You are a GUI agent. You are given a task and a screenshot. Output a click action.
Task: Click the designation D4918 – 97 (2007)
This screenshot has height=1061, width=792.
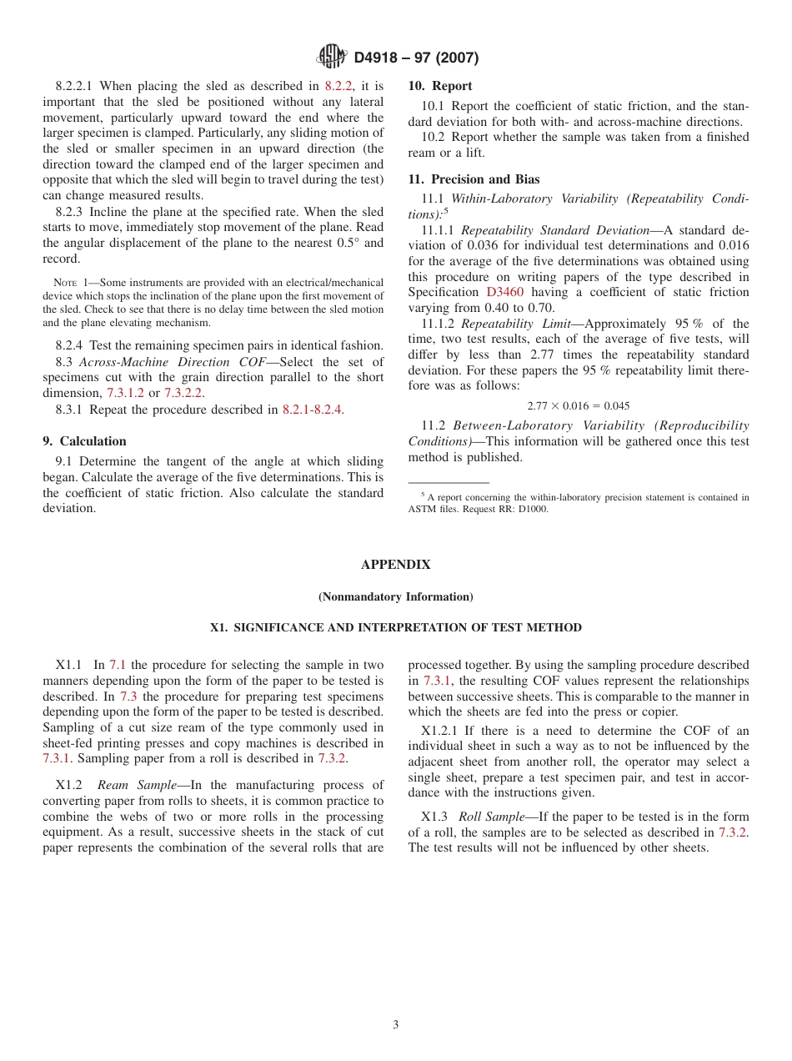[416, 58]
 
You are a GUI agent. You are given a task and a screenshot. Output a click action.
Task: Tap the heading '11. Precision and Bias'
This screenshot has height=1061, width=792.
[474, 179]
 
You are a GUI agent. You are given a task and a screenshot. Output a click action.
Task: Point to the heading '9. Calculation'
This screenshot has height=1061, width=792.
[85, 441]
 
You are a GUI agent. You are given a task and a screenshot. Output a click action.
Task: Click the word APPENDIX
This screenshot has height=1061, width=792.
[395, 565]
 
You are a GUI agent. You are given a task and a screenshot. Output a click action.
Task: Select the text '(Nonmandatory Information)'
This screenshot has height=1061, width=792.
[395, 597]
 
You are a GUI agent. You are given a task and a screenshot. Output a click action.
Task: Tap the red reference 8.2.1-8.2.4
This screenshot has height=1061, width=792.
[313, 410]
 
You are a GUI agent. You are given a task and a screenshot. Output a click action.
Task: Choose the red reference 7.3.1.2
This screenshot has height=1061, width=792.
[125, 393]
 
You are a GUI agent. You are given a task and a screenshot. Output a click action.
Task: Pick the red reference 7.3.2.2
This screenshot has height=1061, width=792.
[183, 393]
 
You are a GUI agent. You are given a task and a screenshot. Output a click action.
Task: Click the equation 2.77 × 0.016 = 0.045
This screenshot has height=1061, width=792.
[578, 406]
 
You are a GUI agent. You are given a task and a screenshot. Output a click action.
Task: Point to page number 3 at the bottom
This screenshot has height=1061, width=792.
[396, 1025]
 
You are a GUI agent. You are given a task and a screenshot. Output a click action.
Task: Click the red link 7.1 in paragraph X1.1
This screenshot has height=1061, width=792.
[118, 665]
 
